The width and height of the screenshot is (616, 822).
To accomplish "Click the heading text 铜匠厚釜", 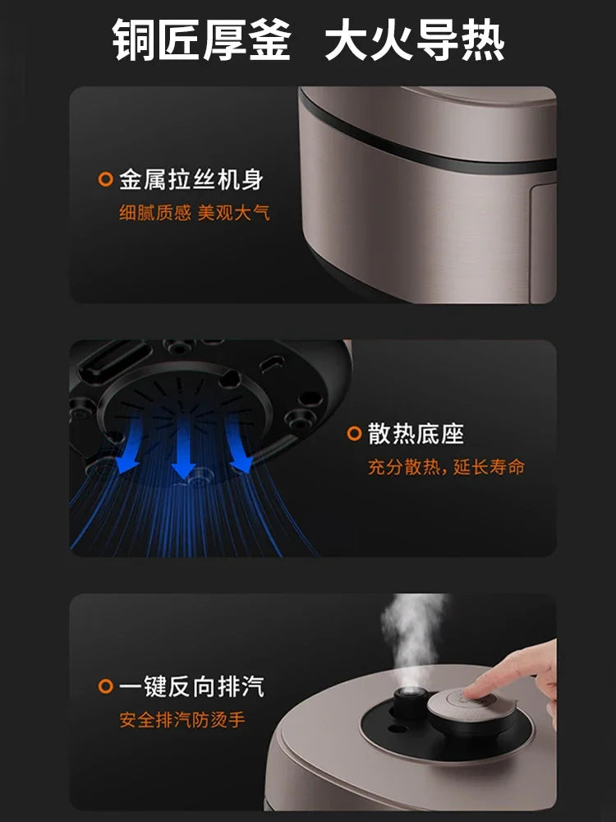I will click(202, 40).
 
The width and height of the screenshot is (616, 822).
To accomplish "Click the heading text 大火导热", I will click(414, 40).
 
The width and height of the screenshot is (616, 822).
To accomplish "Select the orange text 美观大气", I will click(233, 213).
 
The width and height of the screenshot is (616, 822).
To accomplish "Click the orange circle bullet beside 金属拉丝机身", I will click(105, 179).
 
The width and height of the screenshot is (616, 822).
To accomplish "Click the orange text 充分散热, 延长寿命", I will click(445, 468).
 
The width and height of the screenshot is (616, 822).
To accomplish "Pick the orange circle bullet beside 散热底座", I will click(355, 434).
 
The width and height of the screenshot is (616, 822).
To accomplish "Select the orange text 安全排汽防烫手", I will click(182, 720).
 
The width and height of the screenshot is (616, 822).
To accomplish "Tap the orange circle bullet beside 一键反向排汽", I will click(105, 686).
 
